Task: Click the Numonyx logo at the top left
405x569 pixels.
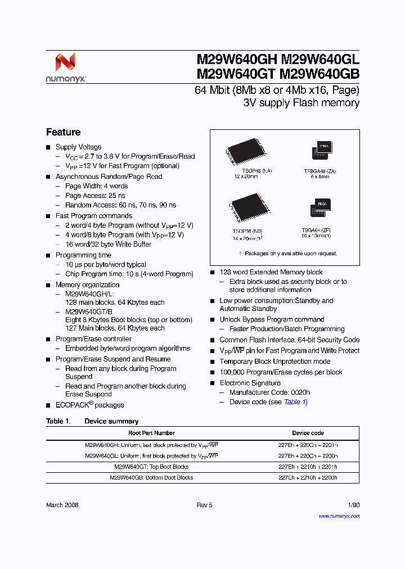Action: (x=66, y=67)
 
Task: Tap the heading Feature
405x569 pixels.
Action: (x=63, y=132)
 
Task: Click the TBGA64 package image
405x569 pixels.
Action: (x=321, y=207)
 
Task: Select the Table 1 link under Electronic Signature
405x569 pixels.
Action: (x=295, y=402)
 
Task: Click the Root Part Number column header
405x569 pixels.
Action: (x=151, y=433)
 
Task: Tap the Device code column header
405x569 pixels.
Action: (x=308, y=433)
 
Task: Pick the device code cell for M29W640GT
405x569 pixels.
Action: (x=308, y=467)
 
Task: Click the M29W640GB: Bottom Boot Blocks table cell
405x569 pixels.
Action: (x=151, y=477)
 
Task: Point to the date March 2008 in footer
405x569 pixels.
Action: (x=62, y=505)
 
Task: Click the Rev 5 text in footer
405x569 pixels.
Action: (x=204, y=505)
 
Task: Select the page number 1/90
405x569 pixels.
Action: (x=354, y=505)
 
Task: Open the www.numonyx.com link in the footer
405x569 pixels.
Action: (x=339, y=515)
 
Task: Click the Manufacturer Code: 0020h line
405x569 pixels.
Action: (x=269, y=392)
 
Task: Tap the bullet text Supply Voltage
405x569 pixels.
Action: (x=78, y=147)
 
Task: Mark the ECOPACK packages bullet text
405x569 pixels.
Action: (x=89, y=405)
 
